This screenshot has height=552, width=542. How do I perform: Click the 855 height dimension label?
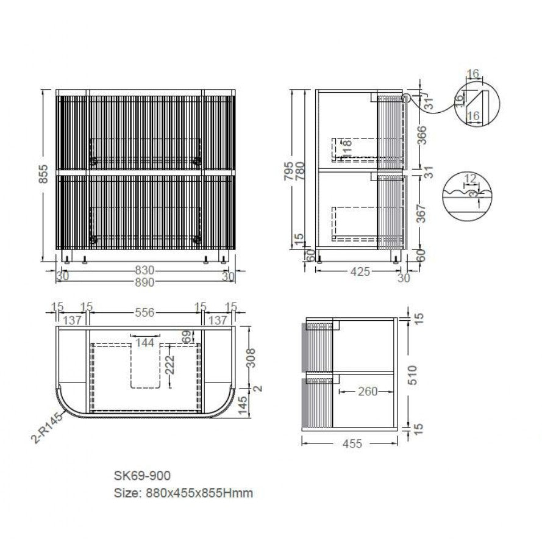coord(43,174)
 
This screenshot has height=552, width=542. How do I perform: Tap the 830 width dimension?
coord(145,270)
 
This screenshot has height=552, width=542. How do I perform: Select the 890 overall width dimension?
coord(145,282)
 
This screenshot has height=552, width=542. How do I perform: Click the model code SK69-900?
coord(142,476)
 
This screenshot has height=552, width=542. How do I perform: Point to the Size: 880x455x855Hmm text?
coord(184,493)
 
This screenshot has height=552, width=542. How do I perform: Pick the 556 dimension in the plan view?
coord(145,312)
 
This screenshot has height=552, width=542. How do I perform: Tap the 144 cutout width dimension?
coord(145,343)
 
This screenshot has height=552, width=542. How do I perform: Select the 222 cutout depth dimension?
coord(169,365)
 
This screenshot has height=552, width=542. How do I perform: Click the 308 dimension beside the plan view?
coord(251,358)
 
